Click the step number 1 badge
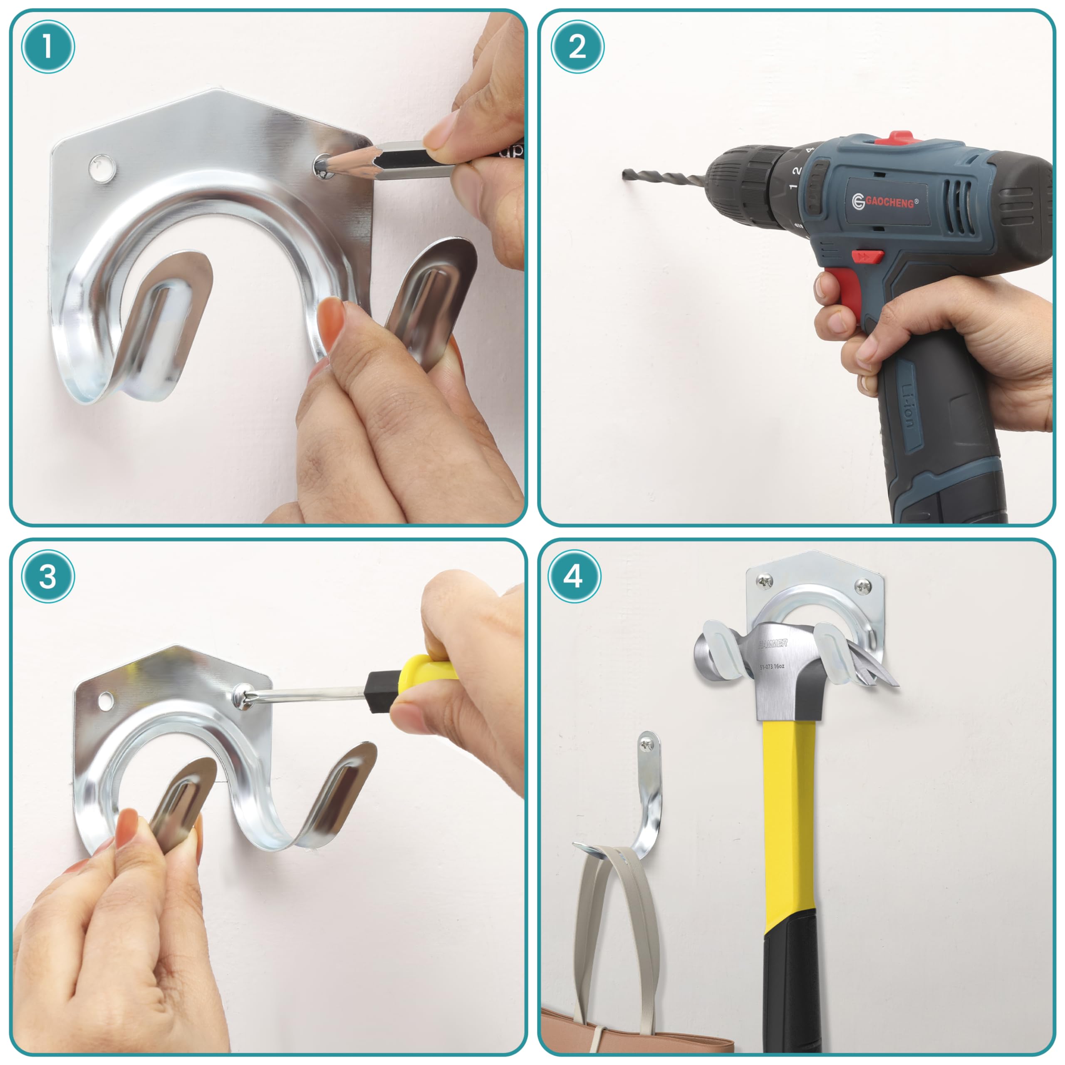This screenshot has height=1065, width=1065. click(x=48, y=47)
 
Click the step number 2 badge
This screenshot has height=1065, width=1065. click(x=577, y=47)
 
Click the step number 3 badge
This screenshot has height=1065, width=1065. click(x=48, y=577)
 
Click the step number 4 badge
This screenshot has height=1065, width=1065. click(x=573, y=576)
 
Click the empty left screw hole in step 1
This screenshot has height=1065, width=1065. click(x=103, y=167)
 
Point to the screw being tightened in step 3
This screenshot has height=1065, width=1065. click(x=241, y=696)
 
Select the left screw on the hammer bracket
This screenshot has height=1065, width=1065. click(x=765, y=580)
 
